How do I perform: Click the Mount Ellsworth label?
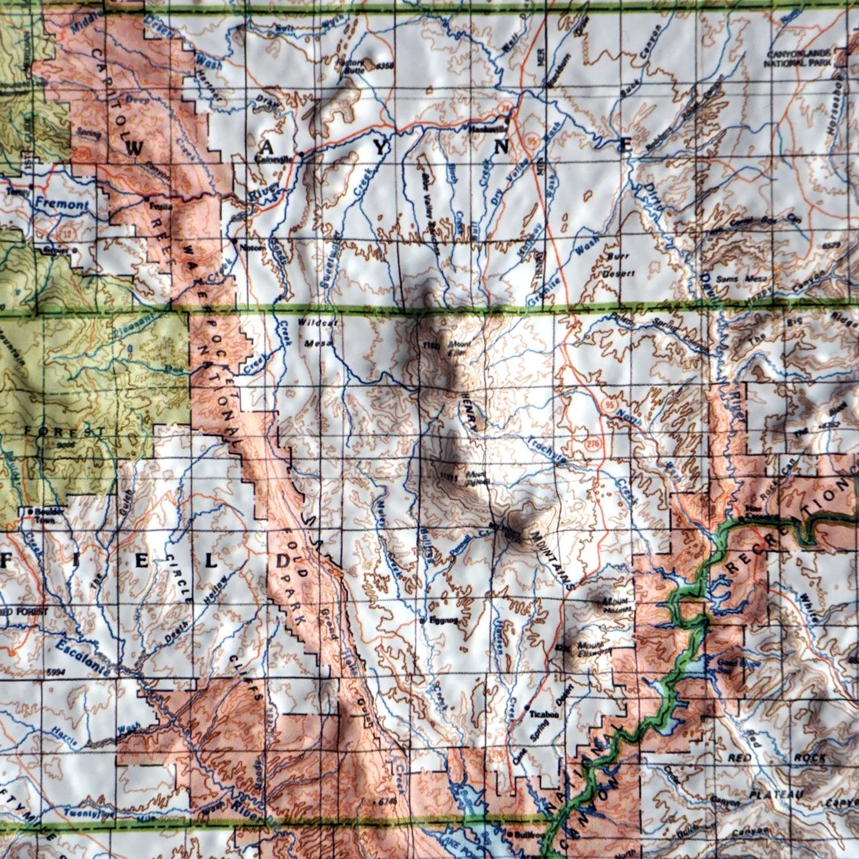point(588,649)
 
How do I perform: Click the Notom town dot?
point(235,241)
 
